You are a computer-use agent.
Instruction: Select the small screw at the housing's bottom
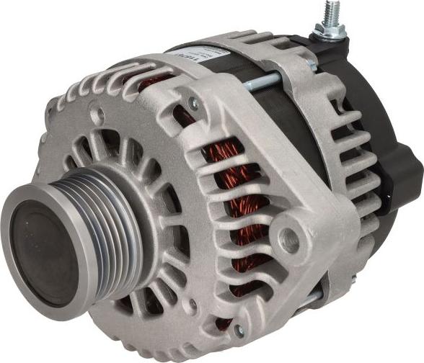(238, 329)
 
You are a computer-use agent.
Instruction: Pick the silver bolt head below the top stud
(312, 64)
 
